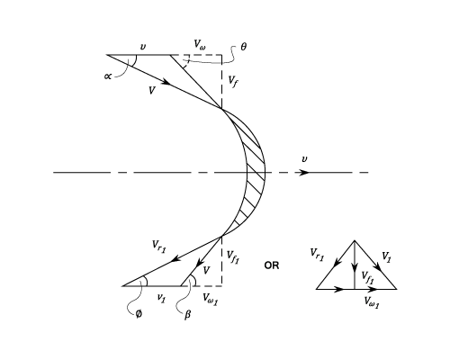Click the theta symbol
pos(244,47)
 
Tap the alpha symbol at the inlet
pos(108,76)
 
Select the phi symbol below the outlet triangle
pos(139,314)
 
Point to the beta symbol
pos(187,314)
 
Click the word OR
pos(272,265)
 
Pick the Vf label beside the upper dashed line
pos(233,81)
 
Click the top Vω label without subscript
pos(200,45)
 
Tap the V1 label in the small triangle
pos(386,257)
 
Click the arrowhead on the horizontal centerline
pos(304,173)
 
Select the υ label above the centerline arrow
pos(304,159)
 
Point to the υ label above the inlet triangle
pos(143,47)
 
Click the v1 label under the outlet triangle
pos(161,298)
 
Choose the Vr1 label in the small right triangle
pos(317,255)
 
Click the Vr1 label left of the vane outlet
pos(158,247)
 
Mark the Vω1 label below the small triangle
pos(372,301)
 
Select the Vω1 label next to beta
pos(211,299)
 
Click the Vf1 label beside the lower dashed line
pos(233,256)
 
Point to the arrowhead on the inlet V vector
pos(166,81)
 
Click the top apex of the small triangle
pos(355,240)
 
